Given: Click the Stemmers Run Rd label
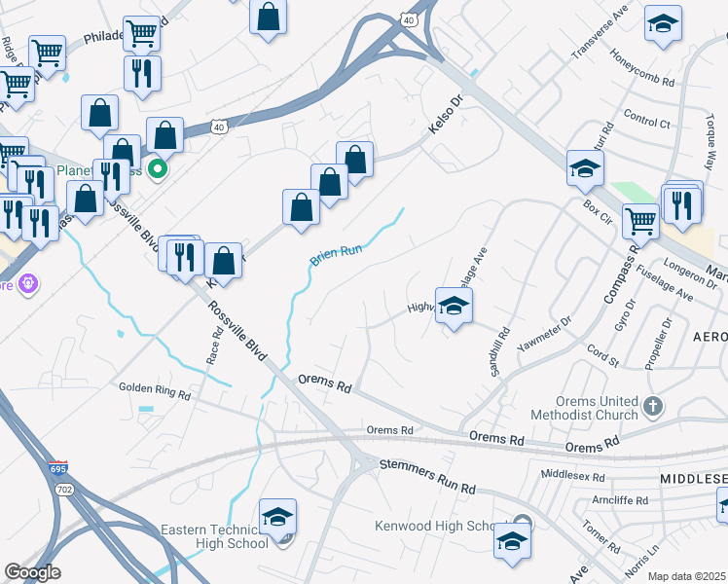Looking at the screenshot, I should pos(426,477).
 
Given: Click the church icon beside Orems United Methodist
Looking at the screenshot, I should pos(652,405).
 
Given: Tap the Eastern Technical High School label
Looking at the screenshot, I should pos(215,536).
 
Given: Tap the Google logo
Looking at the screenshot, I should pos(32,571).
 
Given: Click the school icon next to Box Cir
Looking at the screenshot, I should pos(586,169).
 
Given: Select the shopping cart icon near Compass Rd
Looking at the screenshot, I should pos(640,220).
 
